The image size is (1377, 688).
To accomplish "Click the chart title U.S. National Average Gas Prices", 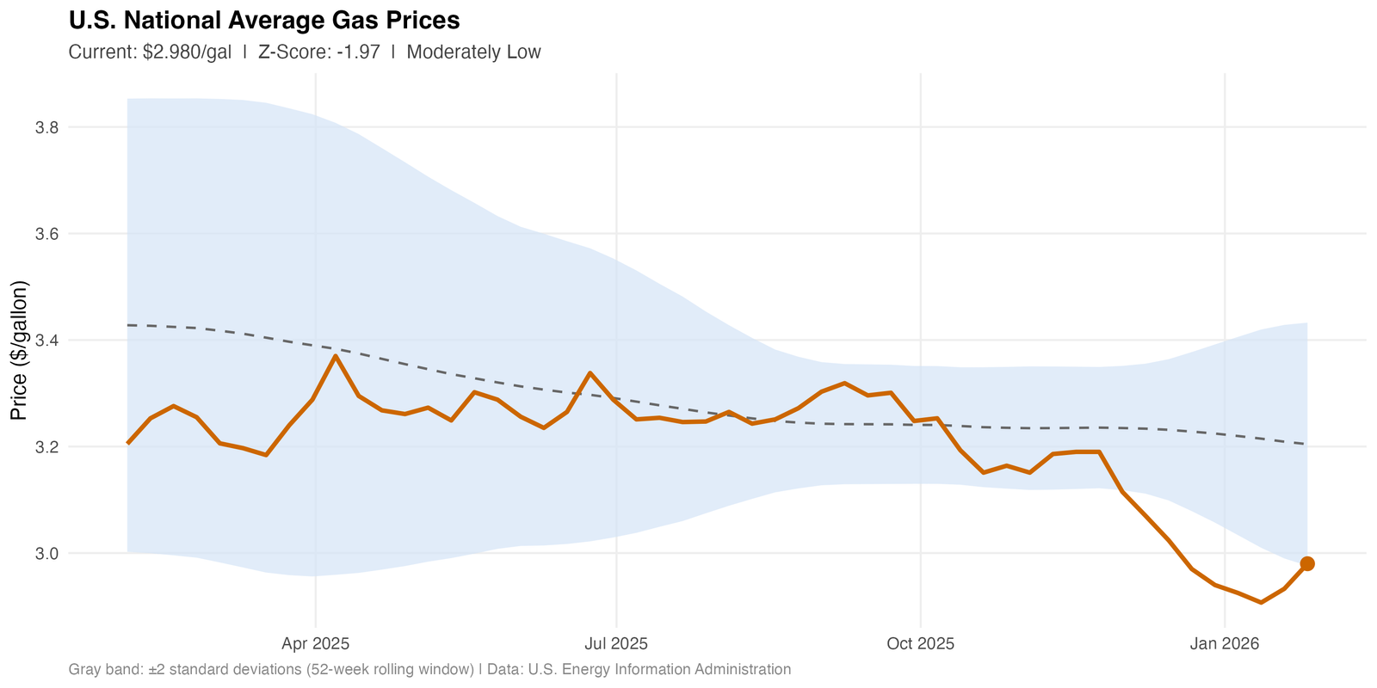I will pos(263,20).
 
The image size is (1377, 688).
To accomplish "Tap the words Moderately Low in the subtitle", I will pos(473,52).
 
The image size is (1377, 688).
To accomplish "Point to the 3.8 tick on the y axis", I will pos(46,128).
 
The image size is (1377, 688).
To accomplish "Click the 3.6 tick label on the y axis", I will pos(46,234).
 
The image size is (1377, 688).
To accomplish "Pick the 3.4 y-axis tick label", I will pos(46,341).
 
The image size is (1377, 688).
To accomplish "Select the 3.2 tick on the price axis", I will pos(46,447).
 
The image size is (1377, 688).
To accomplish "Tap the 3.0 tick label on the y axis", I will pos(46,553).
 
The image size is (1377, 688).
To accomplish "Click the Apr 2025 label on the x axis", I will pos(315,643).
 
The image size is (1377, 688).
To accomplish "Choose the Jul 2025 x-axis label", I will pos(616,643).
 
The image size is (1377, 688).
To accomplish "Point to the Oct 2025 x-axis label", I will pos(921,643).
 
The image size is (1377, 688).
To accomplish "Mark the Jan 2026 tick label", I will pos(1224,643).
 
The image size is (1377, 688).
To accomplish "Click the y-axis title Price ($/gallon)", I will pos(20,351).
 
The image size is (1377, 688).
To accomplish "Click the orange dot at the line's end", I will pos(1307,563).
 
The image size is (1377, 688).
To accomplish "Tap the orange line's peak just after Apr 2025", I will pos(335,355).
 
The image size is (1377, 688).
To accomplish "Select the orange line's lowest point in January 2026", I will pos(1261,603).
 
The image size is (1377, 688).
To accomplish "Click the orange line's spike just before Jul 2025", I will pos(590,372).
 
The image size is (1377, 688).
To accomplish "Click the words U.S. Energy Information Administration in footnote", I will pos(659,669).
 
